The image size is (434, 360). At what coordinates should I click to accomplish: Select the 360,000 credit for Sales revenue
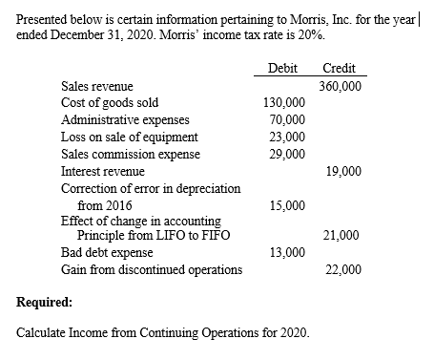pyautogui.click(x=341, y=86)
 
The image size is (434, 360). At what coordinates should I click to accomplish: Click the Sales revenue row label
pyautogui.click(x=97, y=86)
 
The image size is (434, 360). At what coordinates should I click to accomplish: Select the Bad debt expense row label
pyautogui.click(x=108, y=252)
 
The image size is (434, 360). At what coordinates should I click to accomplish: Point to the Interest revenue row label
pyautogui.click(x=103, y=172)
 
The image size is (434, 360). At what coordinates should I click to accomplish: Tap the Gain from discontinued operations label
pyautogui.click(x=151, y=269)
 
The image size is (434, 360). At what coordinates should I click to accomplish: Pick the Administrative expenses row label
pyautogui.click(x=125, y=120)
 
